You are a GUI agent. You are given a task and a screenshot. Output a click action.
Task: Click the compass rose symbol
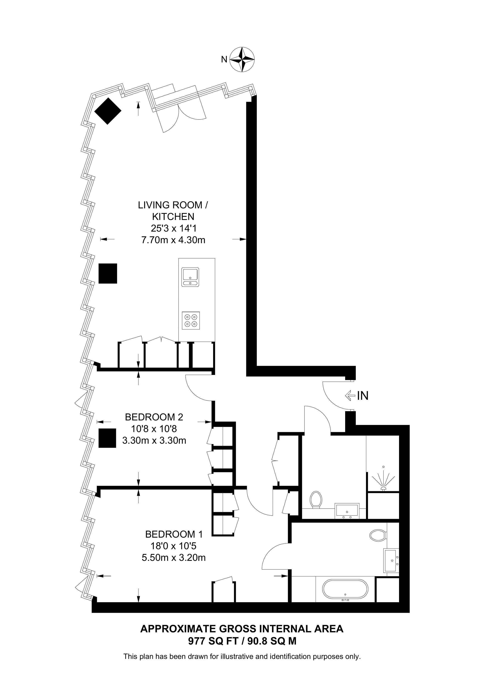[242, 59]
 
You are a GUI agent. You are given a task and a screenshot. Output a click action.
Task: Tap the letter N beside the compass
[224, 59]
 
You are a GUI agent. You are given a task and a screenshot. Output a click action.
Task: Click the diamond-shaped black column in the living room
[108, 111]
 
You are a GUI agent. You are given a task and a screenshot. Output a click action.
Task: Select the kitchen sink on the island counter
[190, 277]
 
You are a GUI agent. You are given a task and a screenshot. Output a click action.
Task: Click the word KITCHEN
[173, 216]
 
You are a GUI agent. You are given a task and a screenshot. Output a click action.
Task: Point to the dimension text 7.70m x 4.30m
[173, 240]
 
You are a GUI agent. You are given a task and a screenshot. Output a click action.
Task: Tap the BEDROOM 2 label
[154, 417]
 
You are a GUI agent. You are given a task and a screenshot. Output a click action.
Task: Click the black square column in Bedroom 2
[107, 438]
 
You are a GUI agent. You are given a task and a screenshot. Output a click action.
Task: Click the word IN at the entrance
[363, 396]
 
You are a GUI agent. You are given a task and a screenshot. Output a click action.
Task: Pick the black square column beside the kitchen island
[108, 273]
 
